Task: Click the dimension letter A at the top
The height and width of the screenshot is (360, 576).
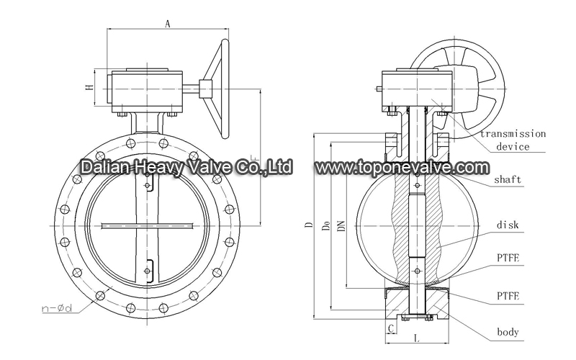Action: point(168,24)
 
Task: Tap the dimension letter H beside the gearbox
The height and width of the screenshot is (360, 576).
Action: point(89,87)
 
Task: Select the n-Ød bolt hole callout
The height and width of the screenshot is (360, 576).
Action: point(57,308)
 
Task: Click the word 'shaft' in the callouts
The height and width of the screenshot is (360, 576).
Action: point(508,179)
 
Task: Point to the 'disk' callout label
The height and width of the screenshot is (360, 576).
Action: point(508,225)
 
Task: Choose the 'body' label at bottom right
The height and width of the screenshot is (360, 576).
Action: point(508,332)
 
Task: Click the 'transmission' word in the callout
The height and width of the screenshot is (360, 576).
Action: point(513,134)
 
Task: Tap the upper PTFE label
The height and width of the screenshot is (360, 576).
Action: point(508,258)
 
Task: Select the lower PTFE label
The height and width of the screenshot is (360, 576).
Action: point(508,296)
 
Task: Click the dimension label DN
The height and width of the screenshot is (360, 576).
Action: point(341,225)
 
